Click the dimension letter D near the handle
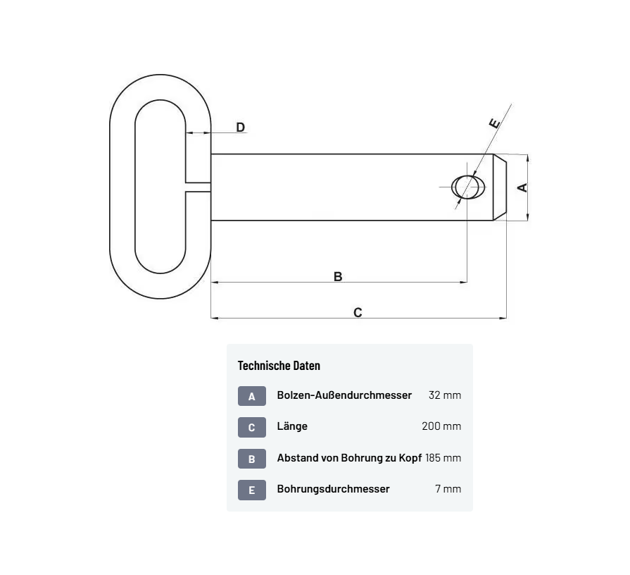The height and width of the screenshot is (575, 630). [240, 127]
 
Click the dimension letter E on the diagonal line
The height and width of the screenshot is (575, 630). [495, 123]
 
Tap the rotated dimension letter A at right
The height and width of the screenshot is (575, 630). [522, 187]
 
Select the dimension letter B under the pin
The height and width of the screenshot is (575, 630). [338, 277]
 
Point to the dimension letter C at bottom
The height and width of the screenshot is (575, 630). [358, 312]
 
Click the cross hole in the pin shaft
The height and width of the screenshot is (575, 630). [468, 187]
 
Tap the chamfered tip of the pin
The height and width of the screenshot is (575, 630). [500, 187]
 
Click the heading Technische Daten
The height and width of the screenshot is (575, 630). [279, 366]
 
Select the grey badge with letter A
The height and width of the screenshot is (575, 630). [252, 396]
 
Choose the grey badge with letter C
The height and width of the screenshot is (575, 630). [252, 427]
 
